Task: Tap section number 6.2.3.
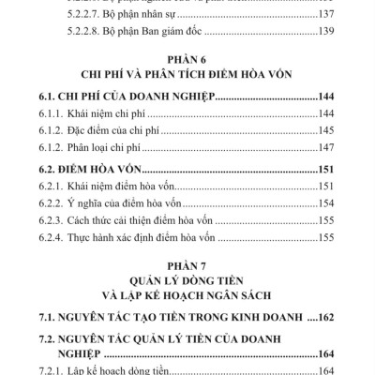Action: point(69,219)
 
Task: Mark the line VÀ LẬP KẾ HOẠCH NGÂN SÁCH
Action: point(187,298)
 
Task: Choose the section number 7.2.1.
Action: point(69,369)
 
